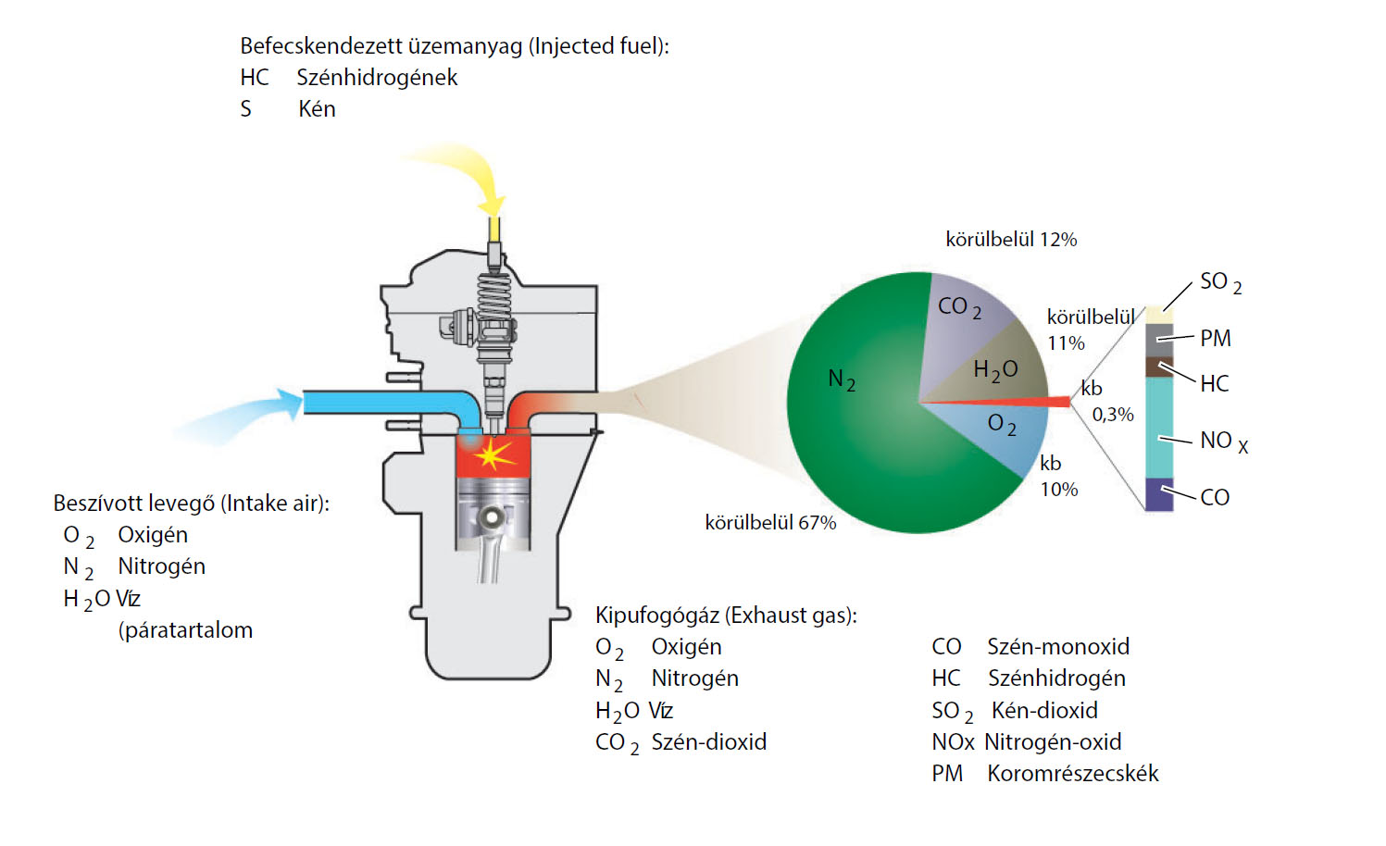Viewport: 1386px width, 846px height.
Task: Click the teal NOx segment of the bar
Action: (x=1159, y=426)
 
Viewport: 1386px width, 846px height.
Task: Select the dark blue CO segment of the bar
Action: (x=1159, y=495)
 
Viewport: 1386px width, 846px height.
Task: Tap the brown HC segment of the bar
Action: (x=1159, y=367)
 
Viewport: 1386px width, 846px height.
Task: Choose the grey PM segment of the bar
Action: (x=1159, y=340)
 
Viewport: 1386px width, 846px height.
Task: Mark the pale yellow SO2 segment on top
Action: (x=1159, y=315)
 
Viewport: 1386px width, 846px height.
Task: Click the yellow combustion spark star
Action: (x=492, y=454)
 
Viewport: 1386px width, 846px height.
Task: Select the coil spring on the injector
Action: (x=494, y=296)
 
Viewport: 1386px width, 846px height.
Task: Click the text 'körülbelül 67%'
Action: (x=770, y=523)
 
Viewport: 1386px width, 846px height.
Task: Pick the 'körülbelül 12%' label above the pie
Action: (x=1011, y=240)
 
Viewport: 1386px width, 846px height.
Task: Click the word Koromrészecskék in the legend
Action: (x=1072, y=774)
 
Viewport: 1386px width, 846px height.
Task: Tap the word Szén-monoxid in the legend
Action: (x=1058, y=647)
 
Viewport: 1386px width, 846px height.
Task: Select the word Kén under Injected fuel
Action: (x=317, y=109)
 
